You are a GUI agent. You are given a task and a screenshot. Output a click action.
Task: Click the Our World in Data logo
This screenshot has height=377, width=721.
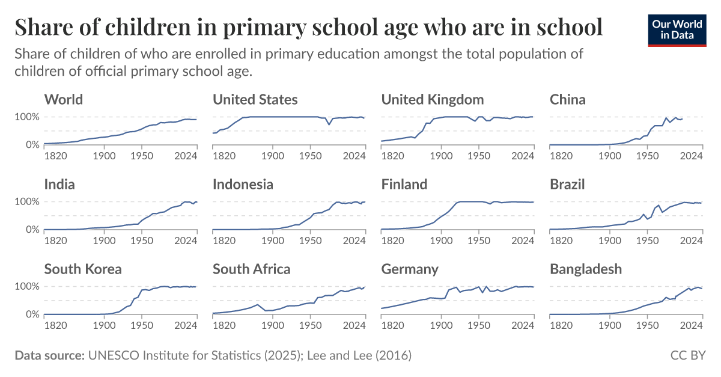coord(677,28)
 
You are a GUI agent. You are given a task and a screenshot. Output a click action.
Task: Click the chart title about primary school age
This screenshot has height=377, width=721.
coord(308,27)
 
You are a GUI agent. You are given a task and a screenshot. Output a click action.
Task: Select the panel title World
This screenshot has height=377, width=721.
coord(64,99)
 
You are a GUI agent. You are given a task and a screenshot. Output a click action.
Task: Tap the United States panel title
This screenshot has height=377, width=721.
coord(255,99)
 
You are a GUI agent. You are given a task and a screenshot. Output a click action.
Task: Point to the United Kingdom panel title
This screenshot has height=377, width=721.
coord(433,99)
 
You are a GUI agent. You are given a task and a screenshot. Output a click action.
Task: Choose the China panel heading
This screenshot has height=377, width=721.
coord(568,99)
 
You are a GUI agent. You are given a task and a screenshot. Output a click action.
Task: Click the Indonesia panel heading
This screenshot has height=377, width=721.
coord(243,184)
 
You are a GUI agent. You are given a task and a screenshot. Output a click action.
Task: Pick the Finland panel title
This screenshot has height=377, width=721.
coord(404,184)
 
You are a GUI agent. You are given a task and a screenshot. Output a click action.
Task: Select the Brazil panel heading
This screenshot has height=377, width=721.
coord(567,184)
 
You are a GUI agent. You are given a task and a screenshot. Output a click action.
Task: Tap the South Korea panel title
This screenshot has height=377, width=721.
coord(83,269)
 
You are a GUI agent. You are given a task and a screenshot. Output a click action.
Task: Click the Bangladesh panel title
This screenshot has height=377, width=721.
coord(586,269)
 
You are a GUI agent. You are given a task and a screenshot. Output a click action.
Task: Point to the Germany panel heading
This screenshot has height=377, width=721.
coord(410,269)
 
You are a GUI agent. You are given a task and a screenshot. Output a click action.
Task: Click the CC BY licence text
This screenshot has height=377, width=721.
coord(688,356)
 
